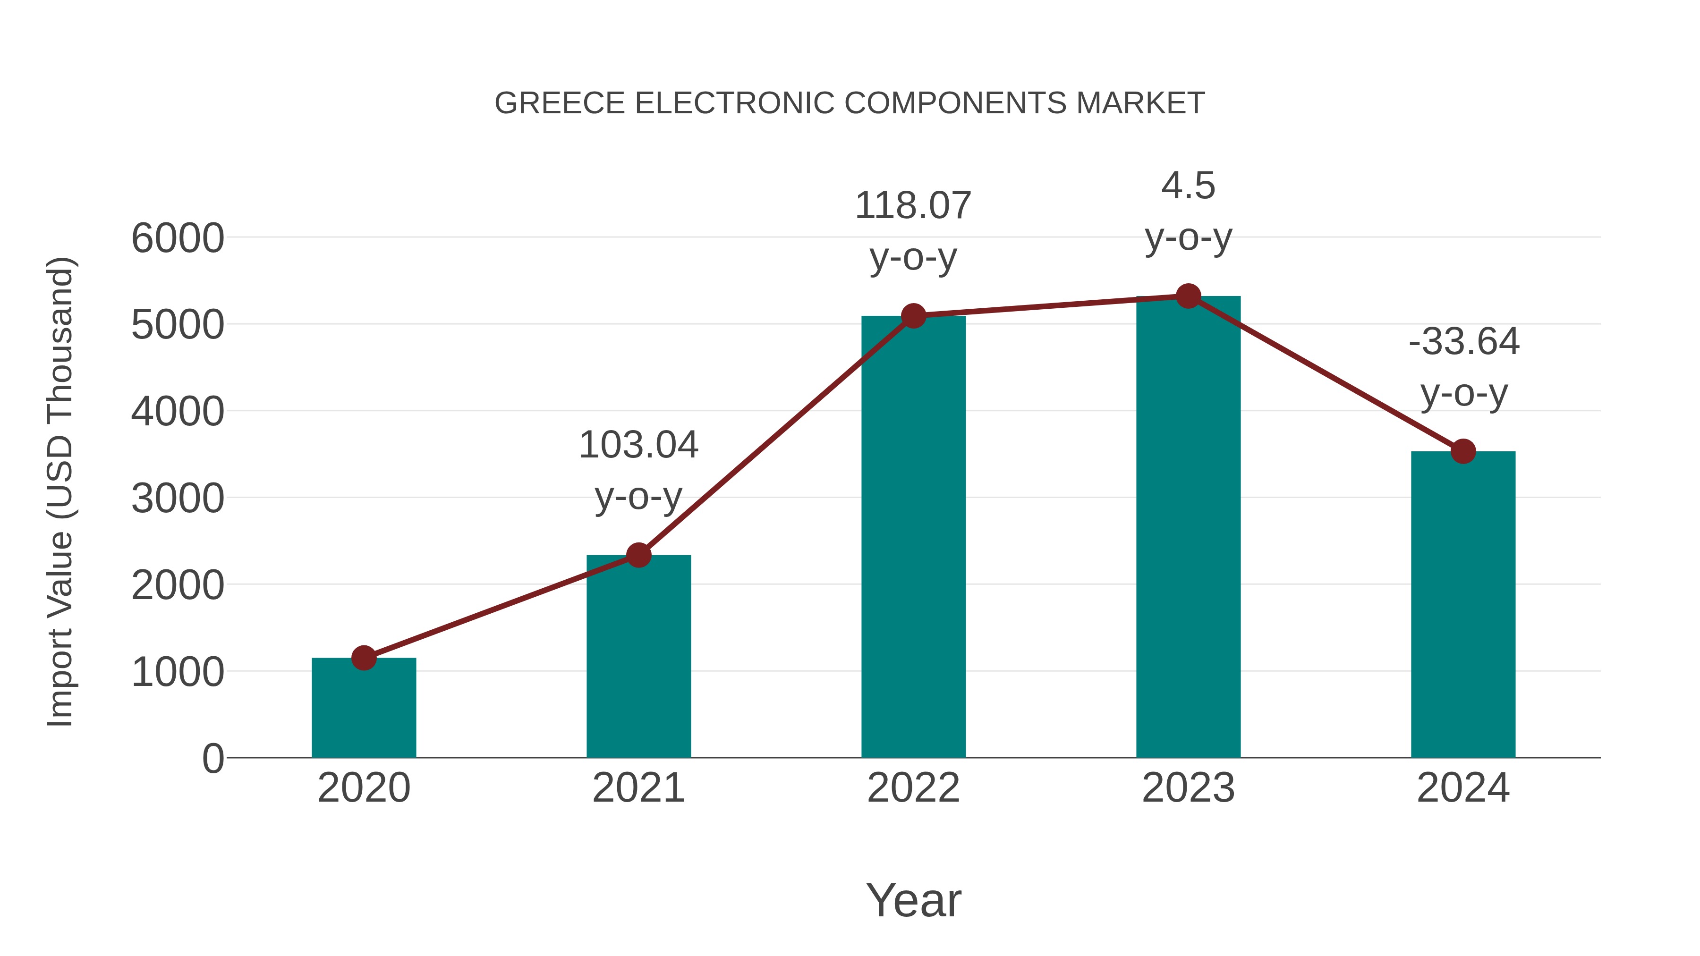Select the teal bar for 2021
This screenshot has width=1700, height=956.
pyautogui.click(x=638, y=660)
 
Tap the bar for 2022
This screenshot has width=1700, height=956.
pyautogui.click(x=913, y=541)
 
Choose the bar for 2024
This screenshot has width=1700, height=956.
pyautogui.click(x=1463, y=607)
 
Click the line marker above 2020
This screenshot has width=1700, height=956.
pyautogui.click(x=364, y=658)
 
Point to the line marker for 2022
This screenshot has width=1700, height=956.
pyautogui.click(x=913, y=316)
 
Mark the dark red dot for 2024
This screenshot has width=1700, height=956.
pyautogui.click(x=1463, y=451)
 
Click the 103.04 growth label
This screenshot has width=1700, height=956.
pyautogui.click(x=638, y=445)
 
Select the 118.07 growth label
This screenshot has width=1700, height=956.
pyautogui.click(x=913, y=206)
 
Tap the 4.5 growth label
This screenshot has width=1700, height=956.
pyautogui.click(x=1188, y=186)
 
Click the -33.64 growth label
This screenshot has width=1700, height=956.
pyautogui.click(x=1463, y=342)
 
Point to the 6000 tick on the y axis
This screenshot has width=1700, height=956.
pyautogui.click(x=178, y=238)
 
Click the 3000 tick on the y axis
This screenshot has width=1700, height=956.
pyautogui.click(x=178, y=499)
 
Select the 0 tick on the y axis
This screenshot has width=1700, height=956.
pyautogui.click(x=212, y=759)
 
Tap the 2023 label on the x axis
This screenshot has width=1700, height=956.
pyautogui.click(x=1188, y=788)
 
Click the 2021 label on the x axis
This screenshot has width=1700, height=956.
pyautogui.click(x=638, y=788)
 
